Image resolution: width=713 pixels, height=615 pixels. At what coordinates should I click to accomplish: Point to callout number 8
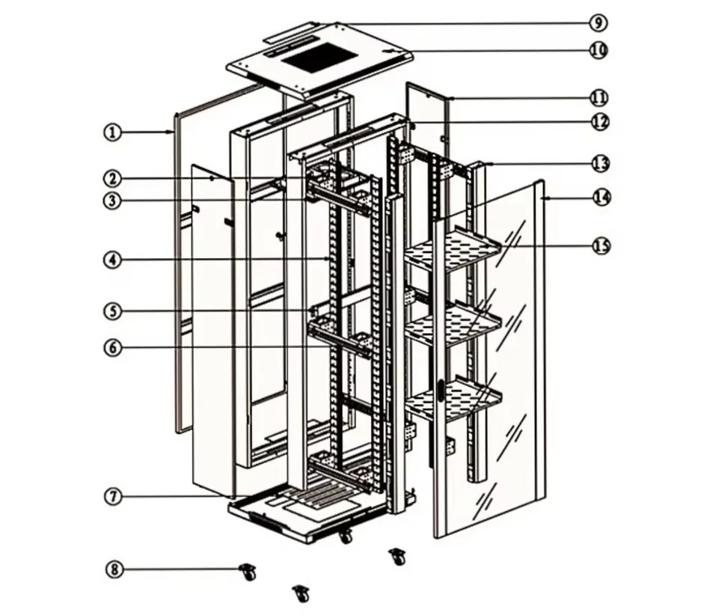coord(114,570)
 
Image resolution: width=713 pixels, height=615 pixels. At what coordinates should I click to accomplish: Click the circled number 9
coord(597,22)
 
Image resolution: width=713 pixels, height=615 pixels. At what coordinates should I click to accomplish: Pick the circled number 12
coord(599,122)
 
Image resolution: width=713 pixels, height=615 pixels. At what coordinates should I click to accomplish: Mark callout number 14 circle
coord(601,198)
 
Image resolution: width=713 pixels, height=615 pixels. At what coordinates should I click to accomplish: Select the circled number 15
coord(601,245)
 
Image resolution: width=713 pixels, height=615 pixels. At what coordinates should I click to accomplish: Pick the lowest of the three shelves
coord(453,397)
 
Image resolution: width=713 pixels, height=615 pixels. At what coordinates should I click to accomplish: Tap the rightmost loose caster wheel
coord(398,556)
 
